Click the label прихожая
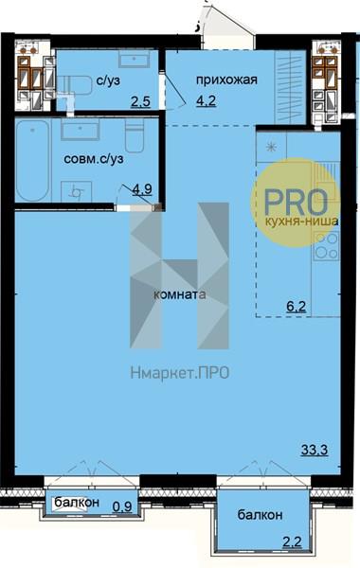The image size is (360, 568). coord(226,80)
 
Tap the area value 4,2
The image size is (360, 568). coord(206,100)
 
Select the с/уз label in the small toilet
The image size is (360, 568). coord(108,80)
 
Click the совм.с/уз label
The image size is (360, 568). coord(94,159)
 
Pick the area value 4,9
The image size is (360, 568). coord(142,189)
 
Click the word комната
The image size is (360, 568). coord(180,294)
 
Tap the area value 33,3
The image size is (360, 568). coord(315,451)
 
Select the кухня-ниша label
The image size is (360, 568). coord(301,222)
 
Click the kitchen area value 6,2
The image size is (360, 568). coord(297,307)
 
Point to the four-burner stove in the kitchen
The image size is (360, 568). coord(326,246)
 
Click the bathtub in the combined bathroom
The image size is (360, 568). coord(32,161)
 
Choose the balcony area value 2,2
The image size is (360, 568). coord(292,542)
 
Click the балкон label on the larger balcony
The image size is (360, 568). coord(260,515)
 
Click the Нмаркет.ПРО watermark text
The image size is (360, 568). coord(180,373)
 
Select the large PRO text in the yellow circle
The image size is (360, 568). coord(296,202)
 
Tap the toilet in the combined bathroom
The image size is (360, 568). coord(135,135)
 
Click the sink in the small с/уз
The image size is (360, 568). coord(135,59)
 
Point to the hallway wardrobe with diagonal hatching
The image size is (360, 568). coord(291,87)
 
